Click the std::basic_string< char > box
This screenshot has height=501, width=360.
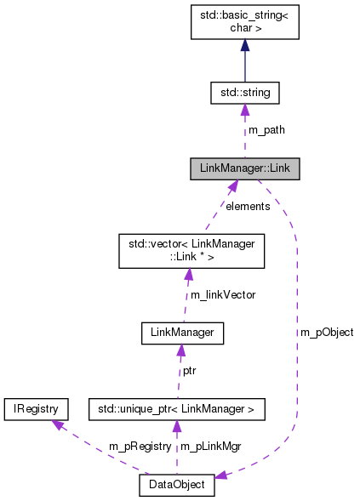pos(244,20)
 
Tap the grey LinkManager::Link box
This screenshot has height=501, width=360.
pos(244,168)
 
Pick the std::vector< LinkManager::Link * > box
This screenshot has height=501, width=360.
pos(187,251)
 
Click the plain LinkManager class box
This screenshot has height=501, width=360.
pos(181,333)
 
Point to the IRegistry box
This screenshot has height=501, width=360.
pos(35,409)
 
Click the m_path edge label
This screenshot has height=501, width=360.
pos(266,130)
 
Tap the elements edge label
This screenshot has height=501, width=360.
pos(247,206)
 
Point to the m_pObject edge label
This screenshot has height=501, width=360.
pos(327,332)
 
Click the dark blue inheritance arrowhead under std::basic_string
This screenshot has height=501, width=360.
pos(244,46)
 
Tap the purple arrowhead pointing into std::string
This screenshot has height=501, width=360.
pos(244,108)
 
